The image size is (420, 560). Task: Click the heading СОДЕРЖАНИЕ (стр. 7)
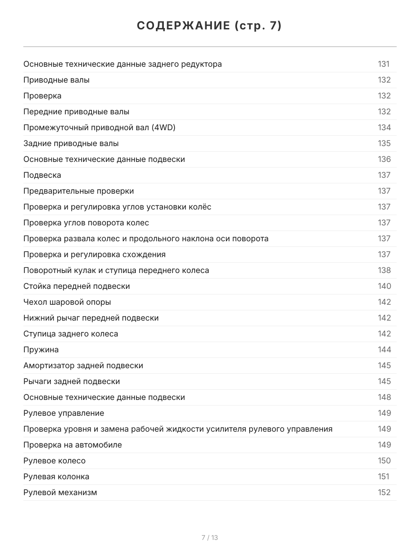(210, 26)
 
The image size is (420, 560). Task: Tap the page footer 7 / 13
(210, 538)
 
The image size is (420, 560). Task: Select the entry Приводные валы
(56, 80)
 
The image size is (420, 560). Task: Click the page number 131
(384, 64)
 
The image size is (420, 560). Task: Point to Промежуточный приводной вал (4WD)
(99, 127)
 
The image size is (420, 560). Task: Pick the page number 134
(384, 127)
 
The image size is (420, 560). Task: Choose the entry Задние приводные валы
(71, 143)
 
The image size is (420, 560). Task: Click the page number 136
(384, 159)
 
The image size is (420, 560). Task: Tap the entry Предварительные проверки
(78, 191)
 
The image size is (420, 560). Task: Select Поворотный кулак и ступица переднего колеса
(116, 270)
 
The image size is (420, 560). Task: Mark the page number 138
(384, 270)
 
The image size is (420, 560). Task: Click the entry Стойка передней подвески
(77, 286)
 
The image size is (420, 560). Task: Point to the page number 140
(384, 286)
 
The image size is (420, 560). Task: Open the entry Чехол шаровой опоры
(67, 302)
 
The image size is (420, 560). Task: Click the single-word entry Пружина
(41, 350)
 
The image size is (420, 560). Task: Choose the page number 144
(384, 350)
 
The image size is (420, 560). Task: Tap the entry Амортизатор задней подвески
(83, 365)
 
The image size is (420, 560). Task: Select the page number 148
(384, 397)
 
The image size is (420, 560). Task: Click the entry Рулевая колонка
(56, 476)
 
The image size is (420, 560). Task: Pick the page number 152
(384, 492)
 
